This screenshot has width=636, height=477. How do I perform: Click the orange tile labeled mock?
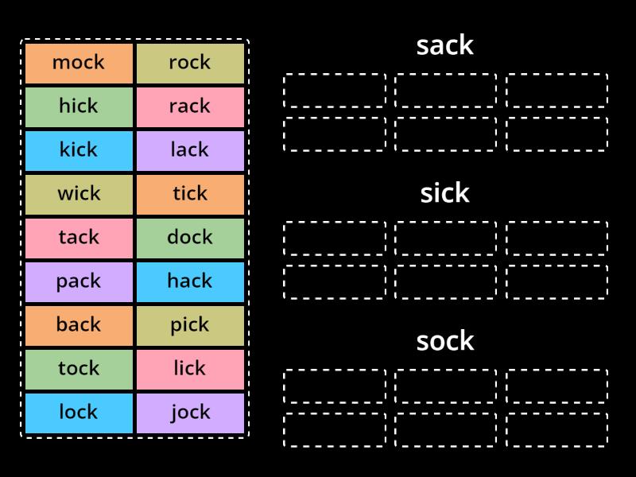point(79,64)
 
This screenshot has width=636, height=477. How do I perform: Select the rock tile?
point(190,64)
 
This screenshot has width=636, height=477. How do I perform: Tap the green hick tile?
point(79,107)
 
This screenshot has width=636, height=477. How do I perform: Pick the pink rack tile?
point(190,107)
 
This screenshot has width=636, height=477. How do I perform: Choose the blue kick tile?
point(79,151)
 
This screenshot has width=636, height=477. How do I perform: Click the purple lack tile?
point(190,151)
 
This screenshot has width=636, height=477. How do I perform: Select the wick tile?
point(79,195)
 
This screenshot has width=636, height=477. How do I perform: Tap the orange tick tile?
point(190,195)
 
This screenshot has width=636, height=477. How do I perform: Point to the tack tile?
point(79,238)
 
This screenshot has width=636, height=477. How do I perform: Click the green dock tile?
point(190,238)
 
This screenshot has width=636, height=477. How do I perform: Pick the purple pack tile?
point(79,282)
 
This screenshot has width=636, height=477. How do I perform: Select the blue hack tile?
point(190,282)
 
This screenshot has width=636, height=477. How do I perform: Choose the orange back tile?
point(79,326)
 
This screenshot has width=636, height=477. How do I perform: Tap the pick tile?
point(190,326)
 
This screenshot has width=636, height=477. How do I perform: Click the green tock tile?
point(79,370)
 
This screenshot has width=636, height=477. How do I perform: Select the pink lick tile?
point(190,370)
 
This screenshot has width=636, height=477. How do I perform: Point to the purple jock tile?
point(190,413)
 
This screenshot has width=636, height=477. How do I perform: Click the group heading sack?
point(445,46)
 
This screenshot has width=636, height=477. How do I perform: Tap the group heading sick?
point(445,193)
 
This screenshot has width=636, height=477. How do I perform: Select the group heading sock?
point(445,341)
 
